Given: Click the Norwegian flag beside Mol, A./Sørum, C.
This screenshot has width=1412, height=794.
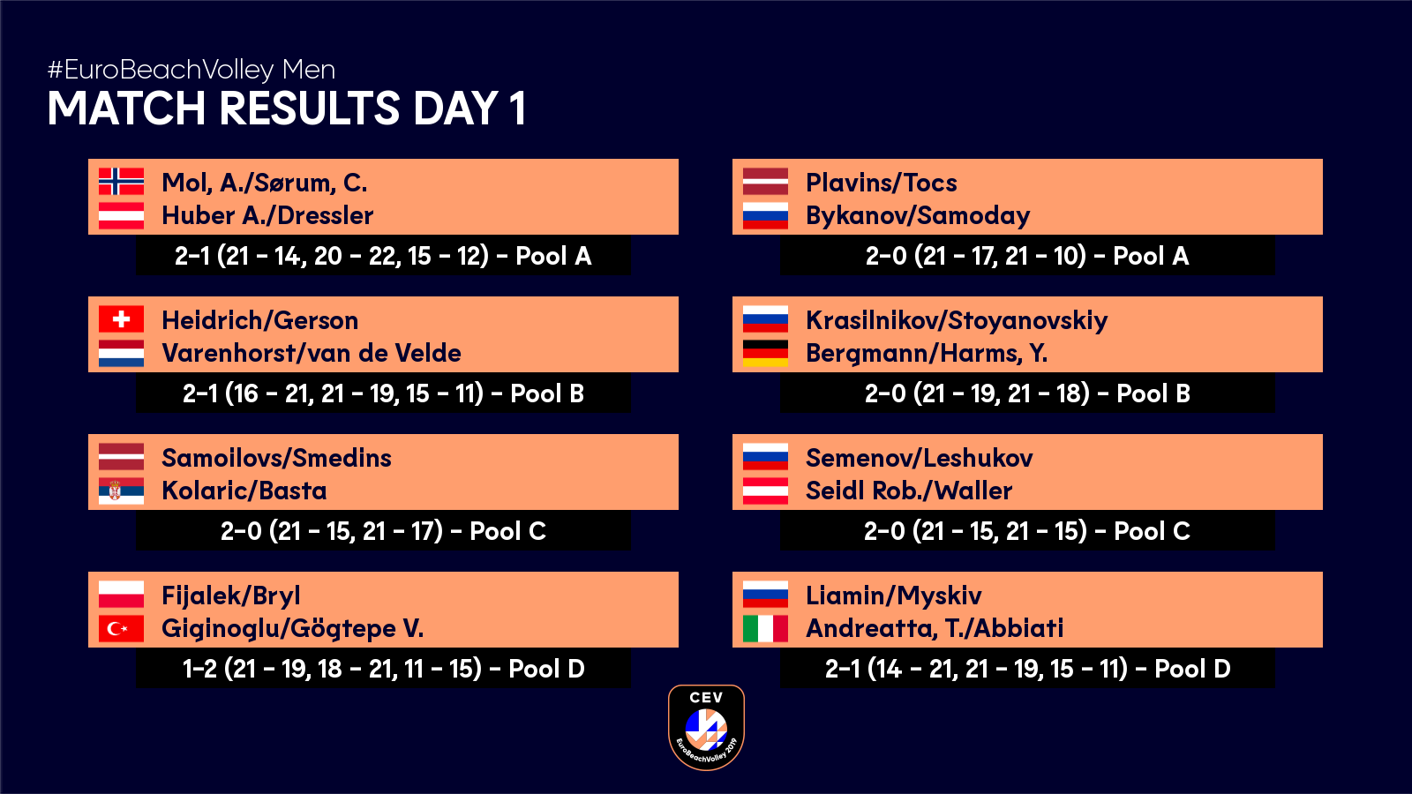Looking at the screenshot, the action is (x=121, y=182).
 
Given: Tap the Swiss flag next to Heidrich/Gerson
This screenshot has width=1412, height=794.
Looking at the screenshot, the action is (x=121, y=318).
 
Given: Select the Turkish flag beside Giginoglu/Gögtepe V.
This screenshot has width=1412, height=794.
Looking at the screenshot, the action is (x=121, y=628).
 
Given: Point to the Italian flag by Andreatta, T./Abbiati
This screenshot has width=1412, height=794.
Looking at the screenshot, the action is (x=765, y=628).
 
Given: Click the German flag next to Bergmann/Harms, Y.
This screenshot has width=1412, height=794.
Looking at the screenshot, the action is (x=765, y=354).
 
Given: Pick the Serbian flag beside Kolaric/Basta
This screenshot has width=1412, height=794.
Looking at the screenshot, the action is (x=121, y=491).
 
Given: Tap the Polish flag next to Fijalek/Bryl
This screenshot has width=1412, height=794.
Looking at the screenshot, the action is (x=121, y=595).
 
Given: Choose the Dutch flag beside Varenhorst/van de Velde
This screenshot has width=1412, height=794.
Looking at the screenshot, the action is (x=121, y=354).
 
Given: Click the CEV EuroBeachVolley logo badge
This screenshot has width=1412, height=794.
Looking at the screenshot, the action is (x=706, y=727).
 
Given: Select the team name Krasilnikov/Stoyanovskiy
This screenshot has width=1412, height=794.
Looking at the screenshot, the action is (x=957, y=321).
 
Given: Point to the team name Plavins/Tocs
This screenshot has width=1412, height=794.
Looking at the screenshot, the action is (x=882, y=183).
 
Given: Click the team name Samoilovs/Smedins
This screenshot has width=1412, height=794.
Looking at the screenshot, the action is (x=276, y=458).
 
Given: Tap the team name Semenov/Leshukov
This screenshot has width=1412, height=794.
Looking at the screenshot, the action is (x=919, y=458).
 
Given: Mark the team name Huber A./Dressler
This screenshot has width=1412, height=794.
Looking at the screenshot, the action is (x=267, y=215).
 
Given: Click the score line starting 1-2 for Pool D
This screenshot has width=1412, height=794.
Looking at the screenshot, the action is (x=383, y=669).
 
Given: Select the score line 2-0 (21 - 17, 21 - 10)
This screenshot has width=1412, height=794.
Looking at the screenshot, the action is (x=1027, y=256).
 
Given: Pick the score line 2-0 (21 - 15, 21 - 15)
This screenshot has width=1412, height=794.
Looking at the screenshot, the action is (x=1027, y=531).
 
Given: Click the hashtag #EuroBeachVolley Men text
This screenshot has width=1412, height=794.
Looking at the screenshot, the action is (x=192, y=70).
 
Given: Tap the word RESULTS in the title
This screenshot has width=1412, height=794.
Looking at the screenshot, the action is (x=310, y=109).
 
